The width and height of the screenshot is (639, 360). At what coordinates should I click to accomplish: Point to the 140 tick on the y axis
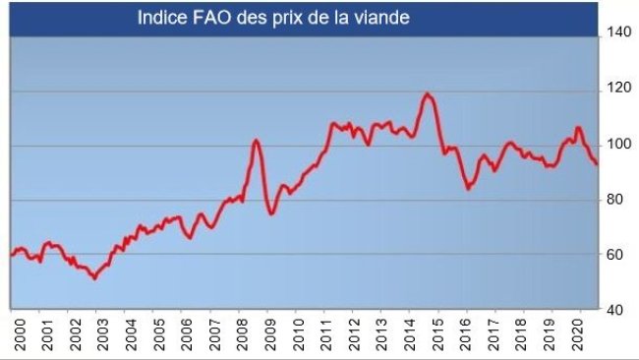616,32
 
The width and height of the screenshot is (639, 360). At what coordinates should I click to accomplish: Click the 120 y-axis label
616,88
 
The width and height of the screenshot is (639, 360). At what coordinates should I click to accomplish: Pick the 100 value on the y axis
616,144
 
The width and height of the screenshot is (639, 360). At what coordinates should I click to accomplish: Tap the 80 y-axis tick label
613,200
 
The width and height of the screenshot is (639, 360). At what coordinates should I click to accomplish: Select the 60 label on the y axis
613,255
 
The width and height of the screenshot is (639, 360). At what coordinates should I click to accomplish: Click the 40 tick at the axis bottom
613,310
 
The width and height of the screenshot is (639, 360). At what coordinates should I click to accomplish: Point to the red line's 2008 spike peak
256,141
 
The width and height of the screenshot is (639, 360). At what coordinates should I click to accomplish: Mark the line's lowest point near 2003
94,278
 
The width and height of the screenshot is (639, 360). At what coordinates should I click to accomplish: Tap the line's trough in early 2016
469,188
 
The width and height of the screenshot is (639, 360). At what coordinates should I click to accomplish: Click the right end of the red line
596,164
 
